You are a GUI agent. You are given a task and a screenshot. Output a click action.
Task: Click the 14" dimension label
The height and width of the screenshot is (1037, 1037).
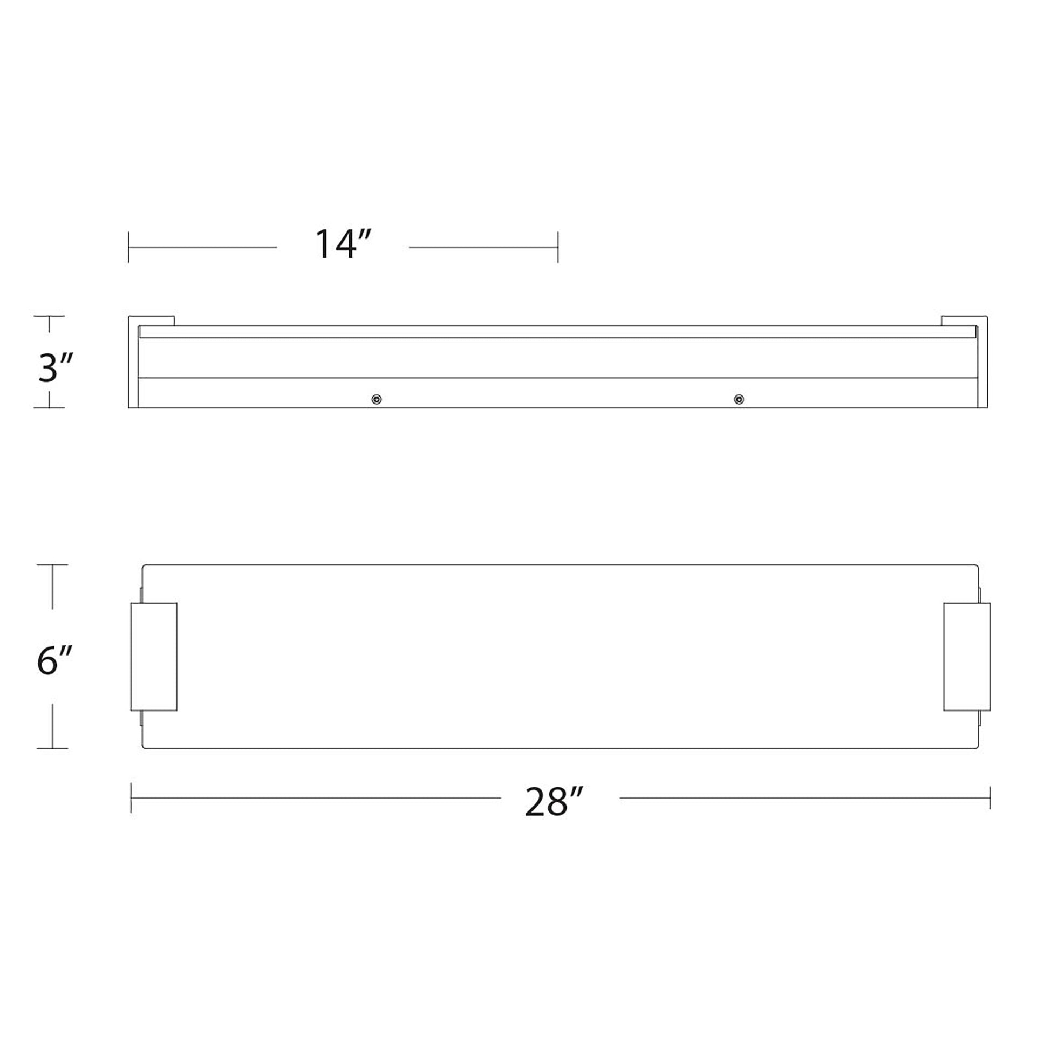pos(343,245)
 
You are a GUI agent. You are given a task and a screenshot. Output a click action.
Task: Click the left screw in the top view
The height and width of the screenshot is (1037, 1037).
pos(377,400)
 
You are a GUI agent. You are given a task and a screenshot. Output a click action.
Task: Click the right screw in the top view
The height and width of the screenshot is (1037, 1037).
pos(739,400)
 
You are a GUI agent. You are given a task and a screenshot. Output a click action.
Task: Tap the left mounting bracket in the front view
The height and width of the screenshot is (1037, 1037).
pos(154,657)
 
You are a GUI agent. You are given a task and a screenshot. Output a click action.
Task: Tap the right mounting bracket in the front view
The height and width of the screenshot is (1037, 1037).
pos(967,657)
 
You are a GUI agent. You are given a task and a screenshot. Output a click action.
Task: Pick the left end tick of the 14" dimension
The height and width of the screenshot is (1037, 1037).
pos(128,247)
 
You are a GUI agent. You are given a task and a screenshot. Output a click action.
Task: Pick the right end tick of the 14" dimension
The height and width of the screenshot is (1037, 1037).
pos(558,247)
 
